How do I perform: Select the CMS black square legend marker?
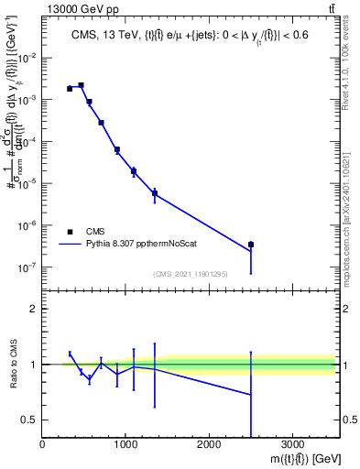[70, 232]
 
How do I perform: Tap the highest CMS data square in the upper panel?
[81, 85]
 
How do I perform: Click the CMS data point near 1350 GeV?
[154, 192]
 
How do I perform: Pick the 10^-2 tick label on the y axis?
[27, 57]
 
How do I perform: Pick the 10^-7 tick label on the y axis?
[27, 267]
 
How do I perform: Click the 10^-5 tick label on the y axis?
[27, 183]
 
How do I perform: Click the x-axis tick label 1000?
[125, 444]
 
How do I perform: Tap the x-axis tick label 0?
[43, 444]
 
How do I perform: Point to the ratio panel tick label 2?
[33, 309]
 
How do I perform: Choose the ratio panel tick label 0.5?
[29, 420]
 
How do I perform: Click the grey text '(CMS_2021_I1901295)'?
[191, 274]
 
